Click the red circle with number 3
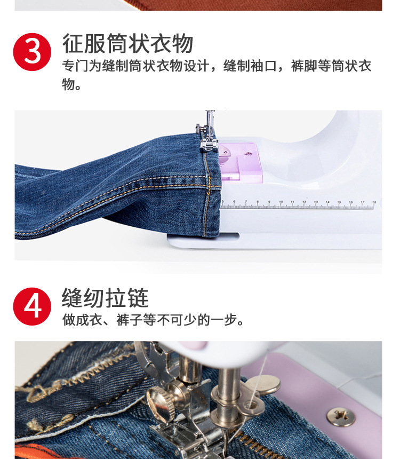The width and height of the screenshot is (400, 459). pos(32,52)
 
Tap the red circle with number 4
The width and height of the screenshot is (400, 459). pos(32,306)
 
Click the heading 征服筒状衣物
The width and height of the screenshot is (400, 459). pos(127,43)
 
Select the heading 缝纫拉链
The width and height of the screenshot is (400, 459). pos(105,298)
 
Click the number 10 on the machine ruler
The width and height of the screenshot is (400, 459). pos(281,202)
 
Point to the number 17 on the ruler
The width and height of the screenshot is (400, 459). pos(363,202)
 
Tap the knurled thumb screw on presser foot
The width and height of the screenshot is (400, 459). pos(161,398)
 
